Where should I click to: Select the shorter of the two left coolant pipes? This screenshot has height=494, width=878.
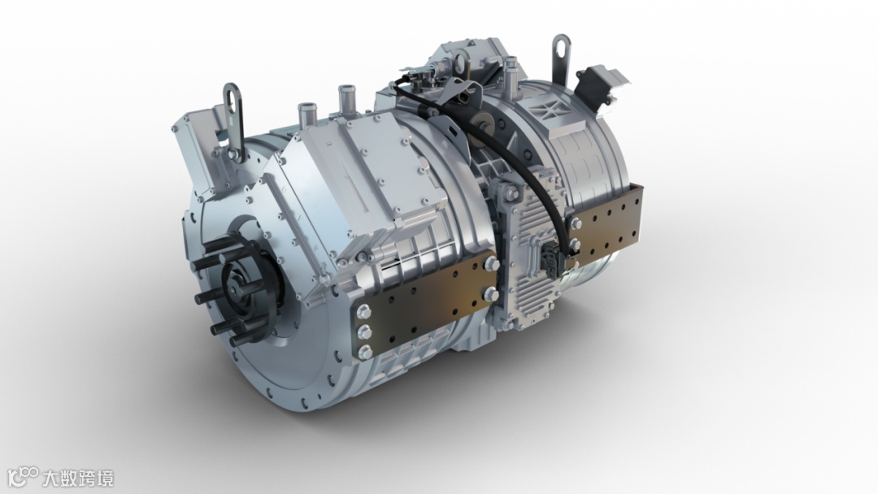pyautogui.click(x=307, y=114)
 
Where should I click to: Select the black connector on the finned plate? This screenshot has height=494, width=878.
pyautogui.click(x=549, y=259)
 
